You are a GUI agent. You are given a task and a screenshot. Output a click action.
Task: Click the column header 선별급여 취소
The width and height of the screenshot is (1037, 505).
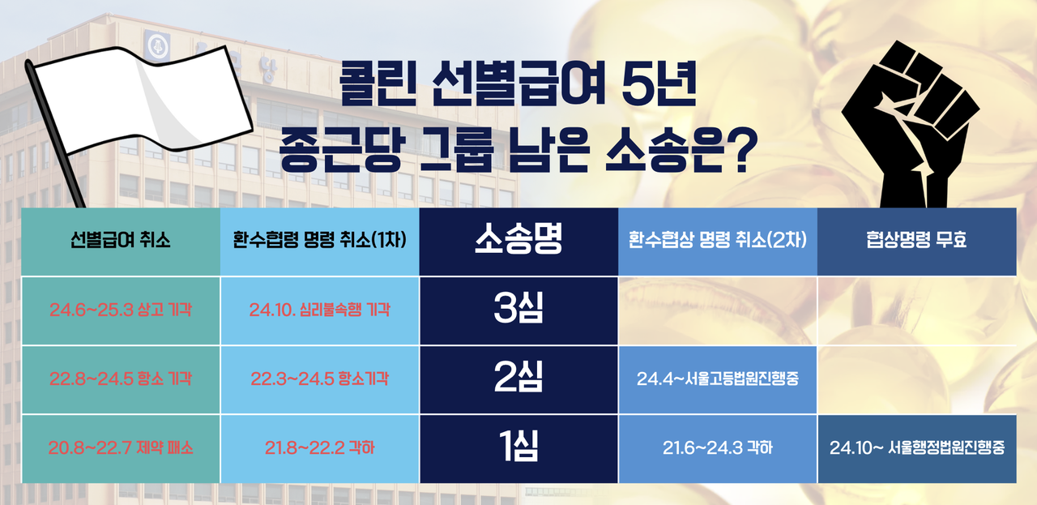(120, 241)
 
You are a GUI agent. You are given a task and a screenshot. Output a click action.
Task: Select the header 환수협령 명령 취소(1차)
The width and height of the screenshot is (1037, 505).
(319, 241)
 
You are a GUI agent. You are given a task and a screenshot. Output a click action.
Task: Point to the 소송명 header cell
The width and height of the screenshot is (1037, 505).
(518, 241)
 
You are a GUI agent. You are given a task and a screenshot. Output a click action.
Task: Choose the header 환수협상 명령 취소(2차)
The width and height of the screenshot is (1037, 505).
(717, 241)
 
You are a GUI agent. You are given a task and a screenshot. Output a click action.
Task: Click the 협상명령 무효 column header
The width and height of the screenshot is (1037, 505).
(916, 241)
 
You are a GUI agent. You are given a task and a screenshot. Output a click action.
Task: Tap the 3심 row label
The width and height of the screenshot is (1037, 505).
(518, 310)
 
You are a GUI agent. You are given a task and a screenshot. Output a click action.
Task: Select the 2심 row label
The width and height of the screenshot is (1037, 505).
(518, 379)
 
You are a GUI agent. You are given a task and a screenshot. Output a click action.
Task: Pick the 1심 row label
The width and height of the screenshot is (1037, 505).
(518, 447)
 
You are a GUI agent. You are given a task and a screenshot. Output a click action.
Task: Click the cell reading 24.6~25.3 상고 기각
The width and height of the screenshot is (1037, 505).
(120, 310)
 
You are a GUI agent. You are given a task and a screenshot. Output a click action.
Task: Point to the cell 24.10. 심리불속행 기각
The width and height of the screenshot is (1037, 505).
(319, 310)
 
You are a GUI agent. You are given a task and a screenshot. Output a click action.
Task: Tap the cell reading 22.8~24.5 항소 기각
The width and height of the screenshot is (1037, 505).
(120, 379)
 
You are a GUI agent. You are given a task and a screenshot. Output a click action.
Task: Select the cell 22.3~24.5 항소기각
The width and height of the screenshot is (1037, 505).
(319, 379)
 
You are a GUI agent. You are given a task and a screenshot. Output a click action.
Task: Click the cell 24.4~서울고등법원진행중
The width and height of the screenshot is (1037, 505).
(717, 379)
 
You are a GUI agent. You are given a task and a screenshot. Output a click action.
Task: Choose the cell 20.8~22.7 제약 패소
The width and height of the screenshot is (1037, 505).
(120, 447)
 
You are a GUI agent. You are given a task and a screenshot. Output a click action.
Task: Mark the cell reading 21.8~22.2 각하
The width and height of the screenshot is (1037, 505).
(319, 447)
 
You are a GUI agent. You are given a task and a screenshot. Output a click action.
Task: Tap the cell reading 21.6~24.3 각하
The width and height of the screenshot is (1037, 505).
(717, 447)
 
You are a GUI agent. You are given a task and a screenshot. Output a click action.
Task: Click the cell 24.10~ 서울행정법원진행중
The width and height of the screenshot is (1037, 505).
(916, 447)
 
